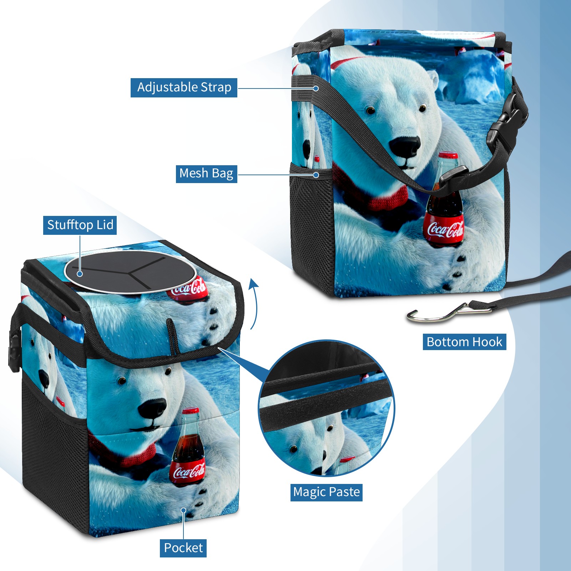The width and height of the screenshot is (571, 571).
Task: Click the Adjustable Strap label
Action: [184, 87]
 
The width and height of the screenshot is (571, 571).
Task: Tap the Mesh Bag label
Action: [206, 173]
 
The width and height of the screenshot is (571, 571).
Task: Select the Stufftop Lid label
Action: [80, 225]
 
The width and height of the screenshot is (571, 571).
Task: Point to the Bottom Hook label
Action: [464, 342]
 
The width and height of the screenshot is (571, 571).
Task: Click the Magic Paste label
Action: [326, 492]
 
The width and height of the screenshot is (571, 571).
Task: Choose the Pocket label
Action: [183, 548]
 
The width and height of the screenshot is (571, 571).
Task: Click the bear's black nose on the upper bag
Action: [405, 146]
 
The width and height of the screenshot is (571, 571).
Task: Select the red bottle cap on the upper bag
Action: [448, 155]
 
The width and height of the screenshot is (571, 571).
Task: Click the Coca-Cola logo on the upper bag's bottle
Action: [445, 229]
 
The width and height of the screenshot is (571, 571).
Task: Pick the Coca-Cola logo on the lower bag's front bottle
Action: [189, 472]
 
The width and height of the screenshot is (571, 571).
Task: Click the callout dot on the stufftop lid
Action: [80, 274]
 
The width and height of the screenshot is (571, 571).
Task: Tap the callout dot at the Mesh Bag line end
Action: [316, 175]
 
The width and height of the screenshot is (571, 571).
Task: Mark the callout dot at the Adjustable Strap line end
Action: [316, 88]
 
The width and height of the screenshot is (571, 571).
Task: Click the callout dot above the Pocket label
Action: [183, 510]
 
